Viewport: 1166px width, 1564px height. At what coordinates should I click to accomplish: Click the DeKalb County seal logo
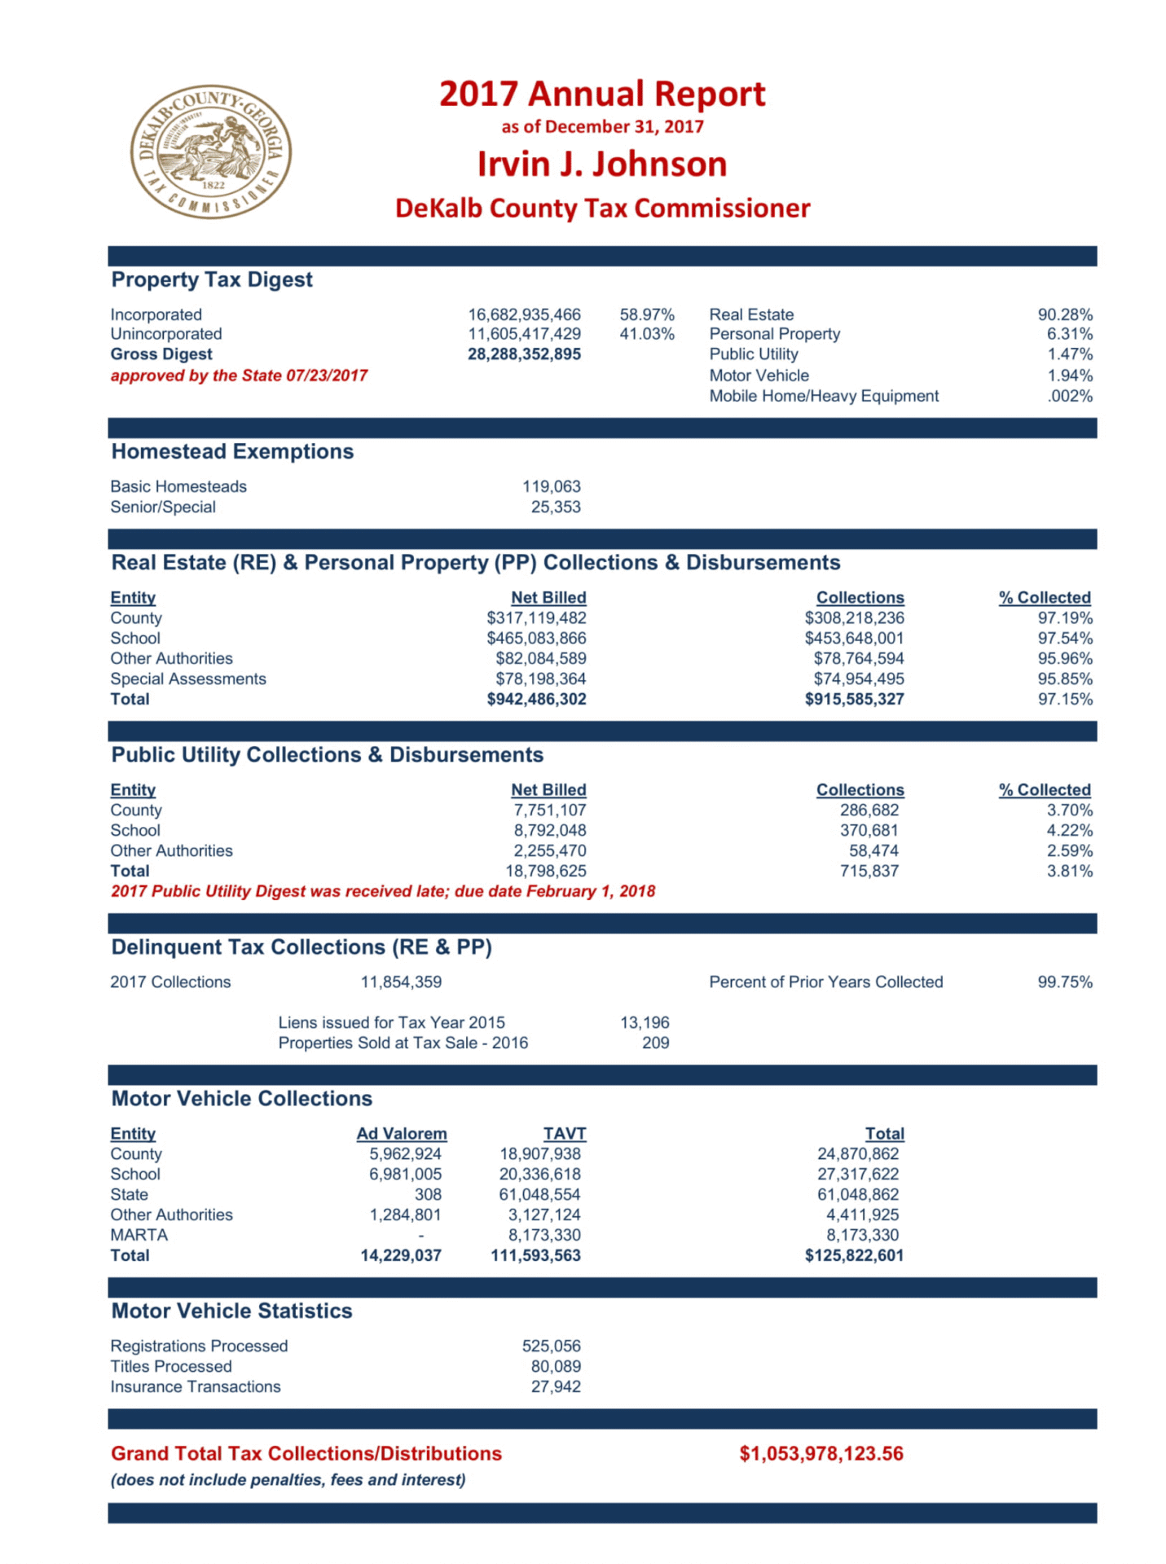pos(210,152)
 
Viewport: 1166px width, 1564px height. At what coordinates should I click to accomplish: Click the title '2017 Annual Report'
pos(601,94)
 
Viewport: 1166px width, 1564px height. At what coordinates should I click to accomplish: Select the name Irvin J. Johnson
pos(601,164)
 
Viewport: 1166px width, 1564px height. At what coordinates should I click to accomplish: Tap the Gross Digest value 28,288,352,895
pos(524,354)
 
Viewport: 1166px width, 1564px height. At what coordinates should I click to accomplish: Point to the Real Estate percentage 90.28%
pos(1064,314)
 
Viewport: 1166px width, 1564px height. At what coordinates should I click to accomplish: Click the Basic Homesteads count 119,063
pos(551,486)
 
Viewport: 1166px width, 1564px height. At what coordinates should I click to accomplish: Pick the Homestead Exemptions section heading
pos(232,451)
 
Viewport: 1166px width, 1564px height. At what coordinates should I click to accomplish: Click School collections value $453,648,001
pos(854,638)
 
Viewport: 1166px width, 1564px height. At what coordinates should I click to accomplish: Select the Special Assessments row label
pos(188,679)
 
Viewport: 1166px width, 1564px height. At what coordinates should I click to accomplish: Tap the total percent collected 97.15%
pos(1064,699)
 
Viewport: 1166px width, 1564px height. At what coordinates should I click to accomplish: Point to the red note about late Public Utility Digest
pos(383,891)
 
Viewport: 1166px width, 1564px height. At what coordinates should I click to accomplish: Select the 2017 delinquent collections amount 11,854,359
pos(401,982)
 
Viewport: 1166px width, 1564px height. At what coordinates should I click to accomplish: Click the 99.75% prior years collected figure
pos(1064,982)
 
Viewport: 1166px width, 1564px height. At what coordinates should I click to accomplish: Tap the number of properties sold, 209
pos(655,1043)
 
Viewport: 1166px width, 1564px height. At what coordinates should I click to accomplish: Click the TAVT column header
pos(564,1133)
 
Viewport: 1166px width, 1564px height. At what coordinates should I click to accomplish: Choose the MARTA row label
pos(139,1235)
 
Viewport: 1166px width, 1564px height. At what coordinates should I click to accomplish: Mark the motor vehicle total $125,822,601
pos(854,1255)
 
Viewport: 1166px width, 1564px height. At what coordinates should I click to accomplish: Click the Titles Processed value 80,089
pos(556,1366)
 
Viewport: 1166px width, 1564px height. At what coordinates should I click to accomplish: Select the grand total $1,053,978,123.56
pos(821,1454)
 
